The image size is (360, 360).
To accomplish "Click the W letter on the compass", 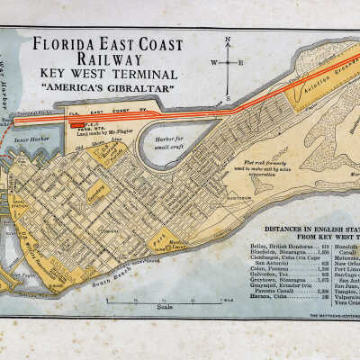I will coord(213,62).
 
